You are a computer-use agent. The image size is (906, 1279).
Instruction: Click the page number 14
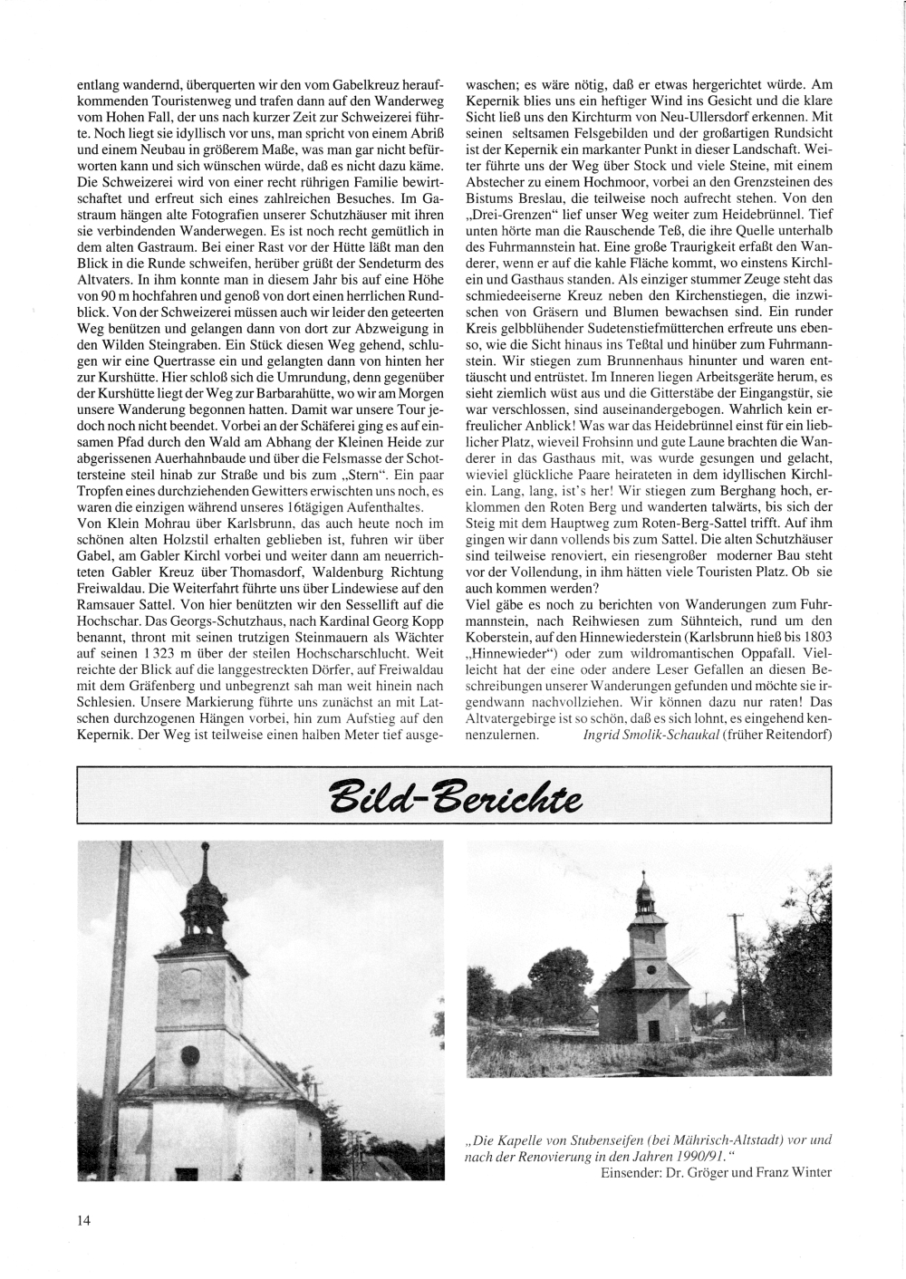pos(83,1219)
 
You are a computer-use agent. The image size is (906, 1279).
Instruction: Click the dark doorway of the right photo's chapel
pos(655,1031)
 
